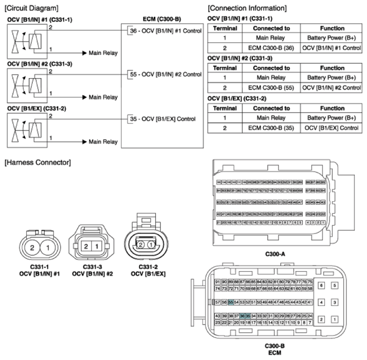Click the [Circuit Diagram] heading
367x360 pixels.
click(x=30, y=8)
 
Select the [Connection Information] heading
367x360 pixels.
click(x=247, y=8)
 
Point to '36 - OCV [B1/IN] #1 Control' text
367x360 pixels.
click(x=164, y=31)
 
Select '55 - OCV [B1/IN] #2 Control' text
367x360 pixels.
click(x=164, y=75)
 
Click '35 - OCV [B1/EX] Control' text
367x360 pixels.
click(x=162, y=119)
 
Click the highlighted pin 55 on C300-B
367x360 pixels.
click(x=231, y=302)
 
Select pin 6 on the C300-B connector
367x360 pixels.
click(x=322, y=285)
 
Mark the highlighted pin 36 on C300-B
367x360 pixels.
click(x=243, y=316)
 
